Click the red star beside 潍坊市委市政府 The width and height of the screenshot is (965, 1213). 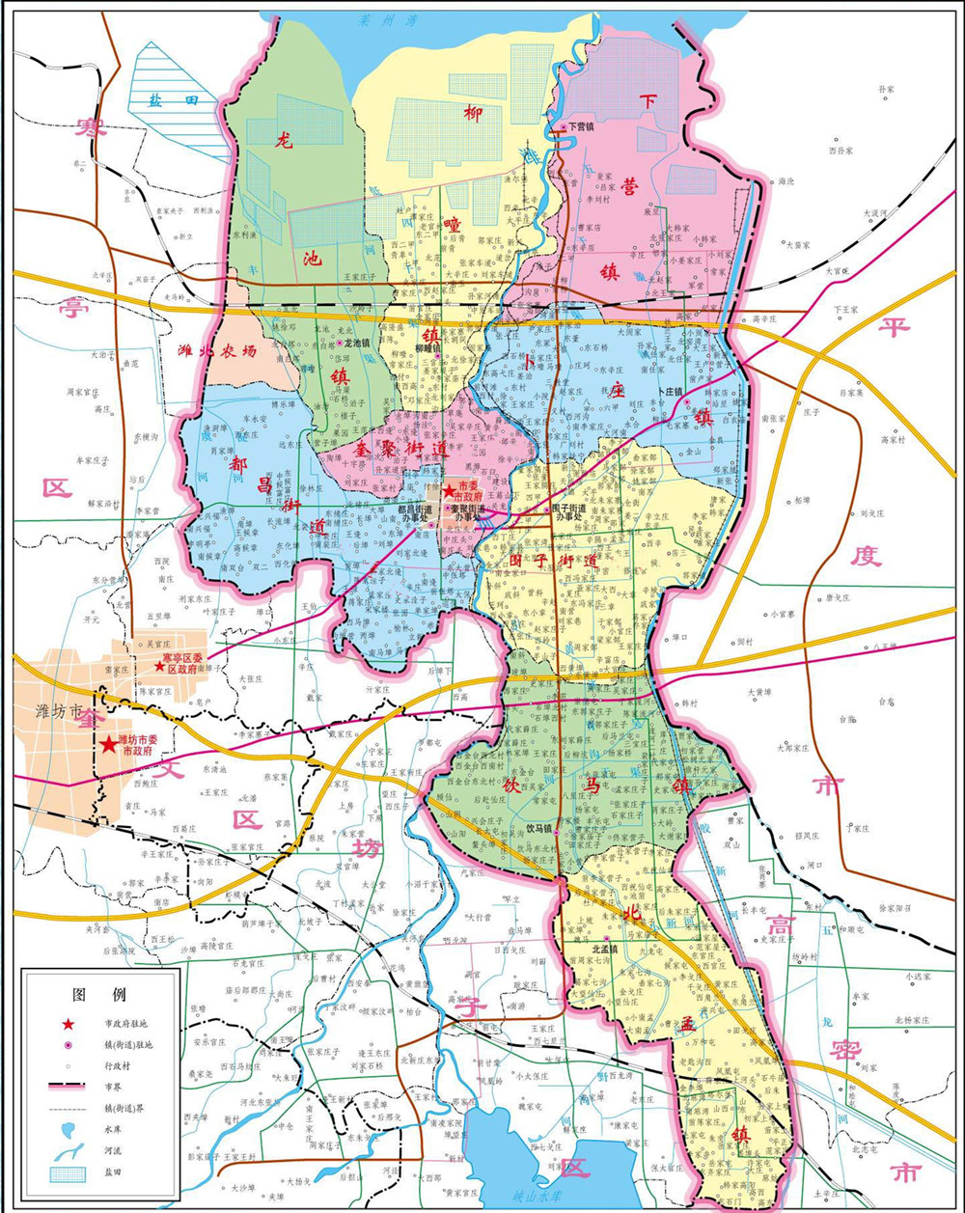click(106, 744)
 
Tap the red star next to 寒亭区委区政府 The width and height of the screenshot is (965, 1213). click(159, 666)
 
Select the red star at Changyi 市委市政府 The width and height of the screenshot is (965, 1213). click(449, 491)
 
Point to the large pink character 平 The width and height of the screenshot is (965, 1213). click(893, 326)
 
